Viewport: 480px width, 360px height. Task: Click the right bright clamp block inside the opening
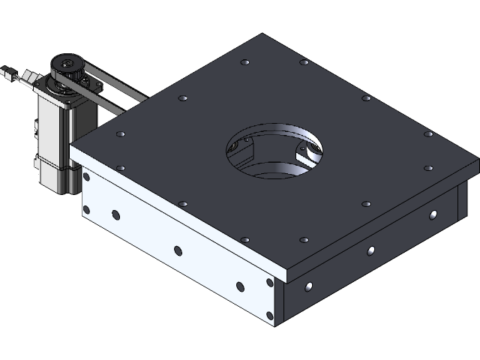[307, 154]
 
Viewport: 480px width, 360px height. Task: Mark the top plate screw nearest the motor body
[120, 134]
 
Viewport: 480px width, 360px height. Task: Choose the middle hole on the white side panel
[178, 250]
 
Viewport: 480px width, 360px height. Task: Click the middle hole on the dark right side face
[371, 250]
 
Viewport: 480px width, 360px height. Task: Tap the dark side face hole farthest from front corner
[433, 215]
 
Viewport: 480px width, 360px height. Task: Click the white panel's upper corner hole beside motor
[86, 178]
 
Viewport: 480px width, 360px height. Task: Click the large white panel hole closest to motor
[115, 216]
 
